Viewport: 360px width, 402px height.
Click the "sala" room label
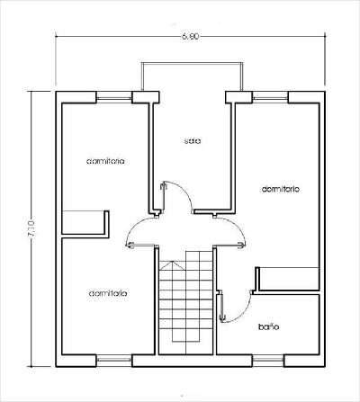193,140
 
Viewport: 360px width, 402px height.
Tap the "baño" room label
269,326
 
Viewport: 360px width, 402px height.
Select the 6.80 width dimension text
190,37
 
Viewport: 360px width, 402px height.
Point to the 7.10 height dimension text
31,228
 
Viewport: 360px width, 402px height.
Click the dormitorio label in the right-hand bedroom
281,189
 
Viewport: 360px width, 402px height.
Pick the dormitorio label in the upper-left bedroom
105,161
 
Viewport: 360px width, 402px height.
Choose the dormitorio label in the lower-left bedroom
108,293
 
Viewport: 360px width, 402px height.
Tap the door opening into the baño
221,307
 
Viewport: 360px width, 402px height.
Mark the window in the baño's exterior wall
268,361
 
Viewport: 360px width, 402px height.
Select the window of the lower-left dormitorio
114,361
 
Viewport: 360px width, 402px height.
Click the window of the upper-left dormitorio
114,97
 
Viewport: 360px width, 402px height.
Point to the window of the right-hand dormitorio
270,97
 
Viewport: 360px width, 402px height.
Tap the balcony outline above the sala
192,63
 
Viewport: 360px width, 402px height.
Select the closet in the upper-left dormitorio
85,222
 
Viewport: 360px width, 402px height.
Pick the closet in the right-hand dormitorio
287,279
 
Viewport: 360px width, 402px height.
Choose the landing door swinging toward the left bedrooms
141,246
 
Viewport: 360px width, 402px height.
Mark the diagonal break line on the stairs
173,264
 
